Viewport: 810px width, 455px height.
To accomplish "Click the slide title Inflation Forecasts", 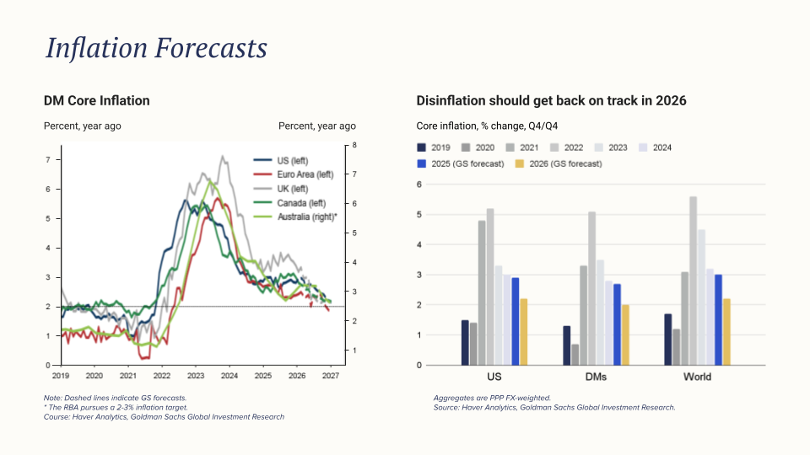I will (156, 48).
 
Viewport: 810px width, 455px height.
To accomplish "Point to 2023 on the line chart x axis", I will (196, 377).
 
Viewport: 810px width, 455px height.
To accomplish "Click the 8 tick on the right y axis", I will (354, 146).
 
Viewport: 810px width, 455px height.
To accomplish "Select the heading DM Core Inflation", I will (96, 101).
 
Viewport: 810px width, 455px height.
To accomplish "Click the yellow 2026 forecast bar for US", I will (524, 332).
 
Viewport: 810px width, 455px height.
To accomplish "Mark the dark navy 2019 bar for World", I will (668, 340).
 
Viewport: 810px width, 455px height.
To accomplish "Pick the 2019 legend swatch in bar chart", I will (423, 147).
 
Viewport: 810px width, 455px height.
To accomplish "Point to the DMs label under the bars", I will (595, 377).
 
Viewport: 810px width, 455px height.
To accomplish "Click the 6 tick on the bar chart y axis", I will (419, 185).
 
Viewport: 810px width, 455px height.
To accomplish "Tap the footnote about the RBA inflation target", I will (116, 407).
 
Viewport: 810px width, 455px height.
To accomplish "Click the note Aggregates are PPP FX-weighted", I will (492, 398).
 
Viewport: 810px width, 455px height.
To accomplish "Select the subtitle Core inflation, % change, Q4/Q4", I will (487, 126).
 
